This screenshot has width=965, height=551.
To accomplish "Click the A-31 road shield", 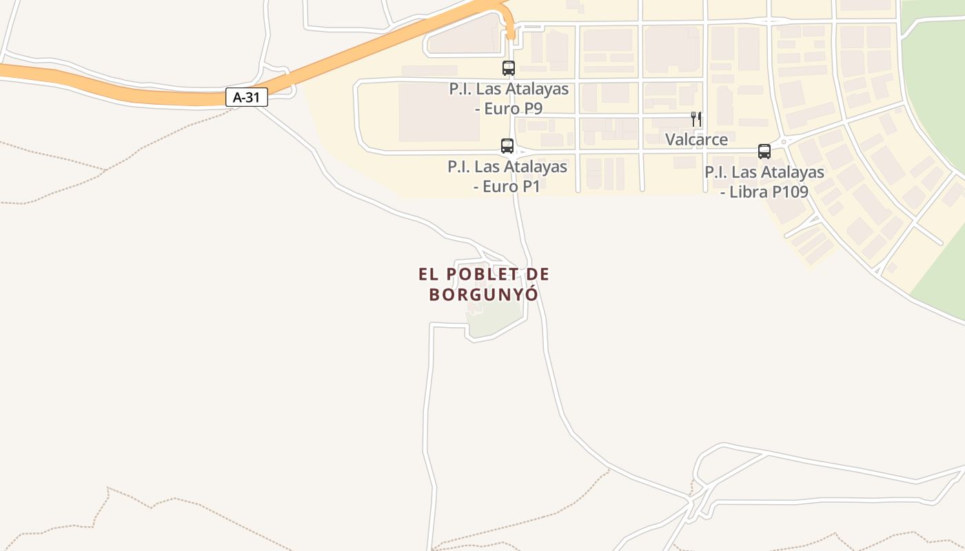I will [246, 98].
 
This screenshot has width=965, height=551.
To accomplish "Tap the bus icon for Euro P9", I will [509, 67].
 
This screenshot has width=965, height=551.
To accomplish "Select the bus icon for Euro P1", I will [507, 145].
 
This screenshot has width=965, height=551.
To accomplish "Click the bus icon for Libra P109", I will [764, 151].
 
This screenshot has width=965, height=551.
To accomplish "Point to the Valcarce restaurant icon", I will [696, 119].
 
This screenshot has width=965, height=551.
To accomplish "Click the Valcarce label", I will [696, 140].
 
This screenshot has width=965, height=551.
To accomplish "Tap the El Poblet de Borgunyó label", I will [484, 284].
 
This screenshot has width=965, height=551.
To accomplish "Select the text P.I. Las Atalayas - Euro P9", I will [509, 98].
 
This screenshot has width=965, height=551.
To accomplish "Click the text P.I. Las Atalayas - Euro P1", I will [507, 176].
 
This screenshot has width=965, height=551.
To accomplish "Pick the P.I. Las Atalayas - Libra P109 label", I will [764, 182].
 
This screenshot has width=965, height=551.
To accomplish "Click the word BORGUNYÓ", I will [484, 295].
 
